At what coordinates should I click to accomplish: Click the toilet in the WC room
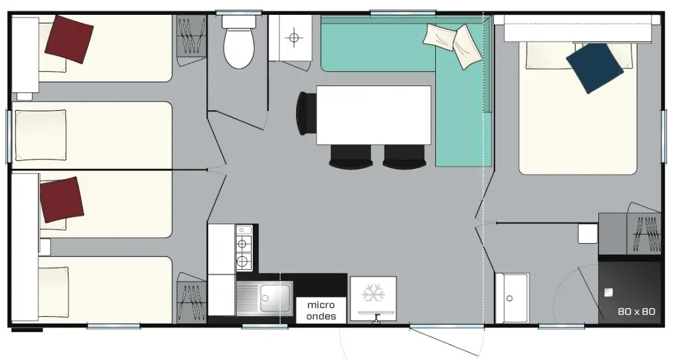coord(239,43)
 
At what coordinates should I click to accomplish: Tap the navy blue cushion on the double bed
coord(595,68)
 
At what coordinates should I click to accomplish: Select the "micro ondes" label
coord(321,311)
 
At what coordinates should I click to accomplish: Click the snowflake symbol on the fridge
coord(373,294)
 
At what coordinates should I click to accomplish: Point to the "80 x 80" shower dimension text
coord(636,311)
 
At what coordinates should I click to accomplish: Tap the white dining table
coord(373,115)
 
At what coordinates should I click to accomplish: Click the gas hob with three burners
coord(244,248)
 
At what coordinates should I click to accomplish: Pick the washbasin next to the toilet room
coord(295,38)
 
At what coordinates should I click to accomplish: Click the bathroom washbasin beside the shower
coord(512,298)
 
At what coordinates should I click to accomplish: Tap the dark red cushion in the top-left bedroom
coord(69,40)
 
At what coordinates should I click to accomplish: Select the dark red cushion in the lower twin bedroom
coord(62,200)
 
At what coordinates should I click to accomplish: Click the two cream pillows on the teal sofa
coord(453,45)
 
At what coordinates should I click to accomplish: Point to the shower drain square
coord(609,293)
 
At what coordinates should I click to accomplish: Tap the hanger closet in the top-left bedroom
coord(191,36)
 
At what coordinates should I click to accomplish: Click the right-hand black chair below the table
coord(404,156)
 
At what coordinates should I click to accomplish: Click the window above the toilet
coord(239,12)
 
